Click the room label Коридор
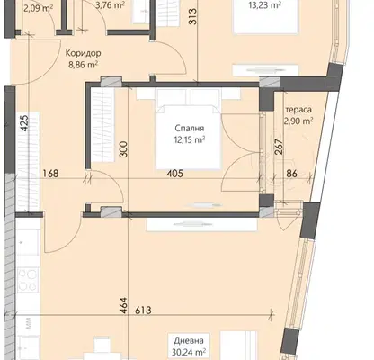click(83, 53)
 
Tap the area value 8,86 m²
click(84, 65)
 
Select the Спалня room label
click(190, 129)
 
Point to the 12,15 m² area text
click(190, 139)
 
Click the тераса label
click(298, 110)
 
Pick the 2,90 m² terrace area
click(298, 121)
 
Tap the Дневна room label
click(189, 341)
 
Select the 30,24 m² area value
click(189, 352)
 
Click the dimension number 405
click(175, 174)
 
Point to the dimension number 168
click(50, 174)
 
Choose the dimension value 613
click(143, 310)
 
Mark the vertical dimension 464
click(123, 306)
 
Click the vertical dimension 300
click(123, 149)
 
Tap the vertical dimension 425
click(24, 123)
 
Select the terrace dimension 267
click(279, 147)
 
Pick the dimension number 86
click(291, 174)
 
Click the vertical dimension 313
click(192, 16)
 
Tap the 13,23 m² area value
click(265, 5)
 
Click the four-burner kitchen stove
click(28, 280)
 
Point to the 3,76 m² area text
click(111, 4)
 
